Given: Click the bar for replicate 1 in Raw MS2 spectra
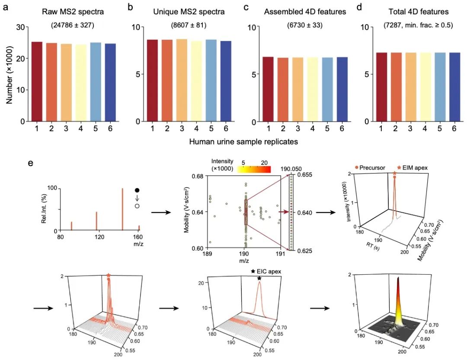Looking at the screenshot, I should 37,82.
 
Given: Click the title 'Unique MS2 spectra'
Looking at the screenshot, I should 189,12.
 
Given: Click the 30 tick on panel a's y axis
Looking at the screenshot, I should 19,27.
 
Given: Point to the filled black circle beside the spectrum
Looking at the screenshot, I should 137,190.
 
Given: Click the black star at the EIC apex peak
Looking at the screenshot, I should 259,278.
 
